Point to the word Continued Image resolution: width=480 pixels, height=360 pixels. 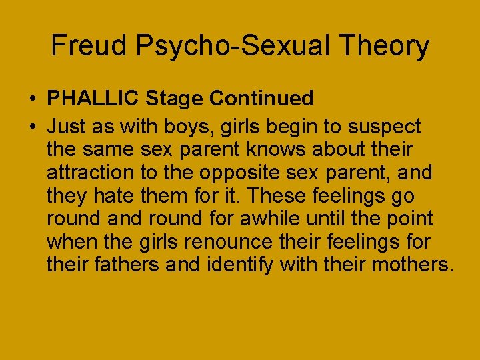261,99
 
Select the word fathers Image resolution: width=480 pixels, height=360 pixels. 126,265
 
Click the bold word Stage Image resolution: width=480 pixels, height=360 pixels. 174,99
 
